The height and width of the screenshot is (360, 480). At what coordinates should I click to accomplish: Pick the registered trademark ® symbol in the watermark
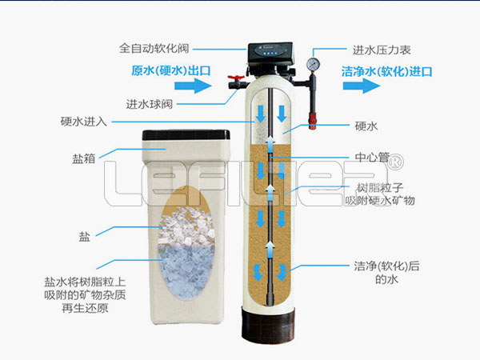395,161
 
